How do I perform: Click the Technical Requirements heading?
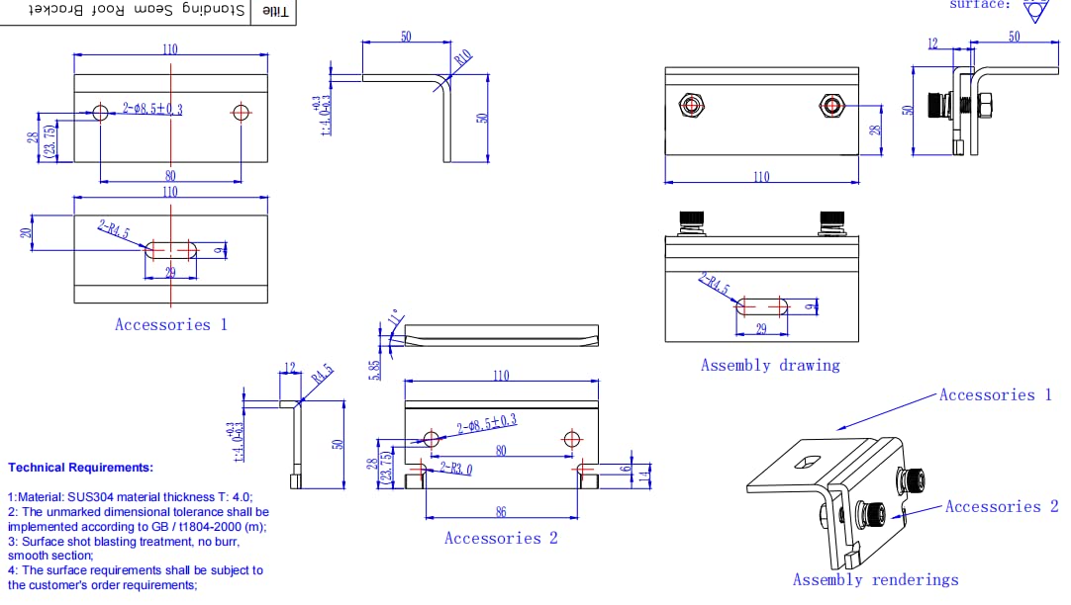click(80, 467)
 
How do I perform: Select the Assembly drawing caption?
click(769, 365)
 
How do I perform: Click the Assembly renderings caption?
click(875, 580)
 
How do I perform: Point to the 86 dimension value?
click(500, 512)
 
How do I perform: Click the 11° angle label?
click(396, 319)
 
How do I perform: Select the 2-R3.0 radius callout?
click(455, 469)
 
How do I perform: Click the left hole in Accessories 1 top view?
click(100, 112)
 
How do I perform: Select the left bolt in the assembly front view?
click(691, 105)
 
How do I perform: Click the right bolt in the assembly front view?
click(831, 105)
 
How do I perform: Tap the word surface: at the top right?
click(980, 4)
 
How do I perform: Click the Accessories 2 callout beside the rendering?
click(1001, 506)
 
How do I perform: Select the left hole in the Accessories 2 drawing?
click(431, 438)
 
